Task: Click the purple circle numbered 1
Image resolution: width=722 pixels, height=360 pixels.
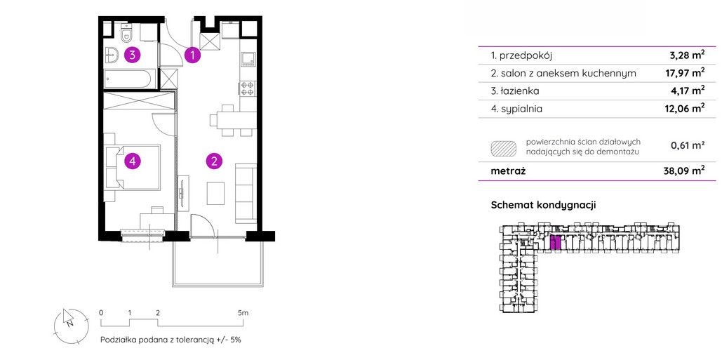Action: (x=193, y=55)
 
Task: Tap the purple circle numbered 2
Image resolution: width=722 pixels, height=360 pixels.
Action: (x=214, y=161)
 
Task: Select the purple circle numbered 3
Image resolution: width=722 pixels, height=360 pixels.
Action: (x=132, y=55)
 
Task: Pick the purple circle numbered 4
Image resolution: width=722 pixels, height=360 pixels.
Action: (x=132, y=161)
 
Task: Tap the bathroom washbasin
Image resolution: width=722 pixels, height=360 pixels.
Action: (x=112, y=55)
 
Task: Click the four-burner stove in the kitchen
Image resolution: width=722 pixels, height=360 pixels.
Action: (x=247, y=88)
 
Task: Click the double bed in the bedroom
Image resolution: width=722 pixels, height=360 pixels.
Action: (x=133, y=167)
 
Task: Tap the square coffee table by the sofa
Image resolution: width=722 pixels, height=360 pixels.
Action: (x=215, y=193)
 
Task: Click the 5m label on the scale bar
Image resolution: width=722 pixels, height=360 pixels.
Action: (x=243, y=312)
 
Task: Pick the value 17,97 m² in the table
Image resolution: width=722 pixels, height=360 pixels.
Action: (x=687, y=73)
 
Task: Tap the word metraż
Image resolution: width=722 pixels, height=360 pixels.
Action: (x=508, y=172)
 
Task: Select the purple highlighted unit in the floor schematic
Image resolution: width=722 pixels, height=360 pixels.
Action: (x=556, y=243)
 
